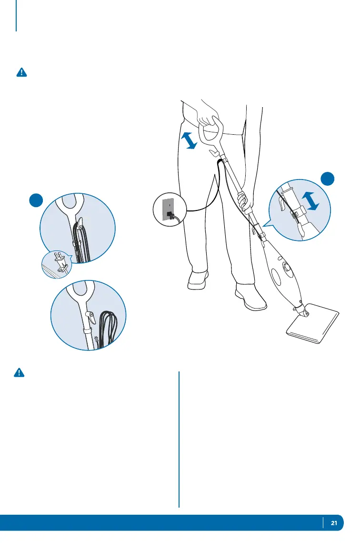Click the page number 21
334,523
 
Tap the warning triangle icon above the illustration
22,72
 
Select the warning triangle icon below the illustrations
19,373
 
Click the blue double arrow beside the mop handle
190,140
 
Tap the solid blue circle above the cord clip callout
327,180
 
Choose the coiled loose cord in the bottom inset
107,329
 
